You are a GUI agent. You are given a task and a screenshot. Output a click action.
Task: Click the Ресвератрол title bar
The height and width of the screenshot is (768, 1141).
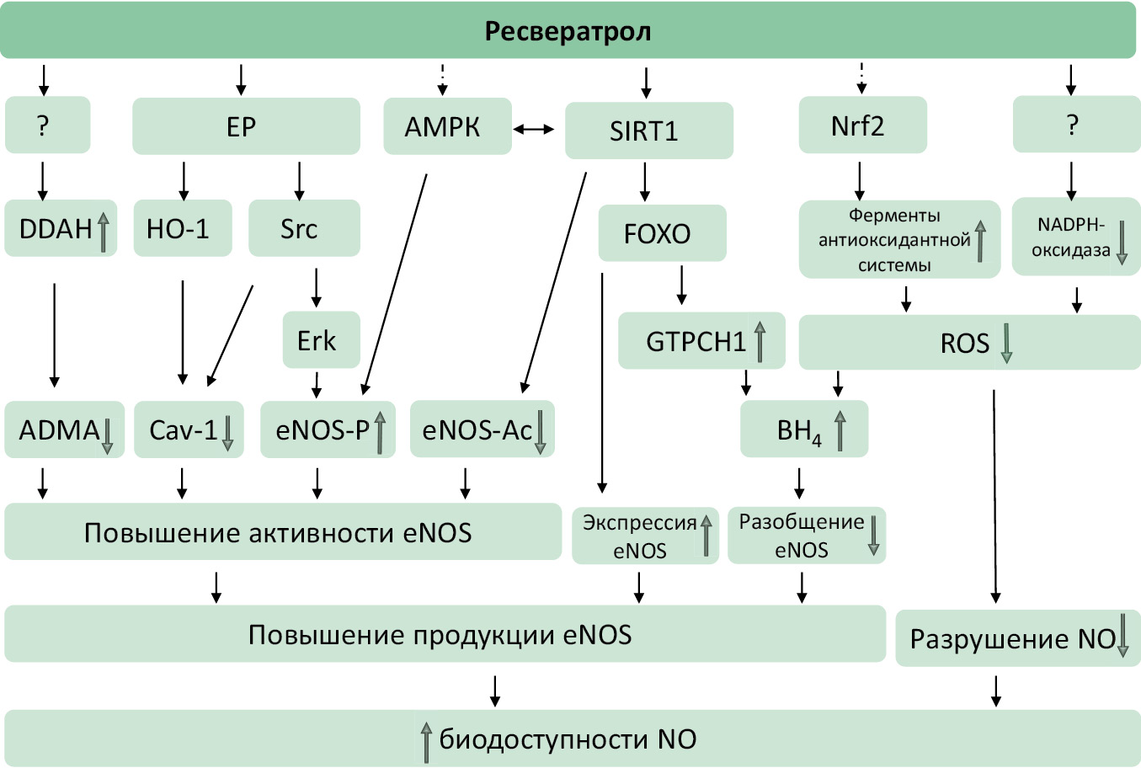pyautogui.click(x=568, y=32)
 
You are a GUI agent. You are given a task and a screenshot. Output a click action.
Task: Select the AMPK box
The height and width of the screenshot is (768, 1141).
pyautogui.click(x=447, y=126)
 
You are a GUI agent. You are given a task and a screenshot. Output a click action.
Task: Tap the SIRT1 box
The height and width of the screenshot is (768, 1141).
pyautogui.click(x=648, y=131)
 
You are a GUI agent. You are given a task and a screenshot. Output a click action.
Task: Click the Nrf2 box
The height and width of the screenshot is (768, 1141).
pyautogui.click(x=862, y=125)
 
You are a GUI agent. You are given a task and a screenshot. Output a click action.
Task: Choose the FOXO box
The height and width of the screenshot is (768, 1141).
pyautogui.click(x=662, y=232)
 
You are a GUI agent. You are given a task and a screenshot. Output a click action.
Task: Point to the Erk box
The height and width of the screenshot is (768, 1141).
pyautogui.click(x=321, y=340)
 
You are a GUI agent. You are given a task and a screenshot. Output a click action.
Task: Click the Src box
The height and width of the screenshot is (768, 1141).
pyautogui.click(x=304, y=228)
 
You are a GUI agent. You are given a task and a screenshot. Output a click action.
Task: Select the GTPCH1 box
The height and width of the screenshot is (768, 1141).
pyautogui.click(x=701, y=341)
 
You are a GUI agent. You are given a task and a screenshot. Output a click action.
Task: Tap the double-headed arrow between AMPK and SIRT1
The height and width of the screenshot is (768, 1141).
pyautogui.click(x=534, y=129)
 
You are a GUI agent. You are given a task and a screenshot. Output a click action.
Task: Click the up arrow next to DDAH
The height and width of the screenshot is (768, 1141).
pyautogui.click(x=104, y=232)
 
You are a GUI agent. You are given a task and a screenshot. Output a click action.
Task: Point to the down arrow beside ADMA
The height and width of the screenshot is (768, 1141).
pyautogui.click(x=108, y=435)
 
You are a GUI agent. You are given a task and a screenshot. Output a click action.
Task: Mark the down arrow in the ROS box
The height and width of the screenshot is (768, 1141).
pyautogui.click(x=1005, y=344)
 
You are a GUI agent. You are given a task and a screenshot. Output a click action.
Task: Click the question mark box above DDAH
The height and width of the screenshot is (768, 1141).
pyautogui.click(x=47, y=125)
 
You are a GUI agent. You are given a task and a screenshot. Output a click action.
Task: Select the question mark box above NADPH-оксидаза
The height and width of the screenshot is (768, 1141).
pyautogui.click(x=1075, y=125)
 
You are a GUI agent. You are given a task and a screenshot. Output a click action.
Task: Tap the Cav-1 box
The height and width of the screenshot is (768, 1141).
pyautogui.click(x=189, y=429)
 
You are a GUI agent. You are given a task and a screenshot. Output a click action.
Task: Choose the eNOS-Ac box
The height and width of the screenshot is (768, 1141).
pyautogui.click(x=482, y=429)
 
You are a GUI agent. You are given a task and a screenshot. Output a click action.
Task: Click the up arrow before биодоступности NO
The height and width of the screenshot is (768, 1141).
pyautogui.click(x=427, y=741)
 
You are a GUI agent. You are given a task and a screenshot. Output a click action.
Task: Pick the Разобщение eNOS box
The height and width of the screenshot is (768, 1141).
pyautogui.click(x=806, y=536)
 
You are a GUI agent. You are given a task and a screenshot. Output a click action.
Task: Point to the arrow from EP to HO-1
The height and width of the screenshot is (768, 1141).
pyautogui.click(x=184, y=180)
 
